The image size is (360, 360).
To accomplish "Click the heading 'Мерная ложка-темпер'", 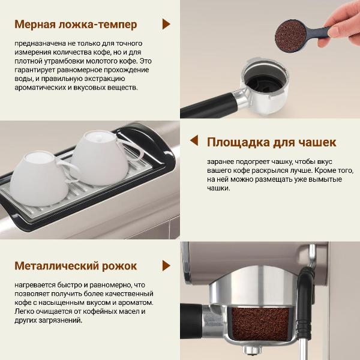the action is [x=76, y=25].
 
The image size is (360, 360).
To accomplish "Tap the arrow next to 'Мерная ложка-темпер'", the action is [x=166, y=24].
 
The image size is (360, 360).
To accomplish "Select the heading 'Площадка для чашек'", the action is [x=271, y=143].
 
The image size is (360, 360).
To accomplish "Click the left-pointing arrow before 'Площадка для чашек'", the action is [x=194, y=140].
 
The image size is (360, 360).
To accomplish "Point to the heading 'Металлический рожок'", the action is [x=76, y=266].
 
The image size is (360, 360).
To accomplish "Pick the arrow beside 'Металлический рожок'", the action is [x=166, y=266].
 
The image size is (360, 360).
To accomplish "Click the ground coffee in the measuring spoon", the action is [x=290, y=35].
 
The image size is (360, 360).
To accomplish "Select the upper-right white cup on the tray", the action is [x=101, y=158].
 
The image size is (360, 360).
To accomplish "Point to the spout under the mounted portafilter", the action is [x=252, y=350].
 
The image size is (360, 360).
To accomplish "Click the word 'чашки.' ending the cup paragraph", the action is [x=218, y=188].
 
